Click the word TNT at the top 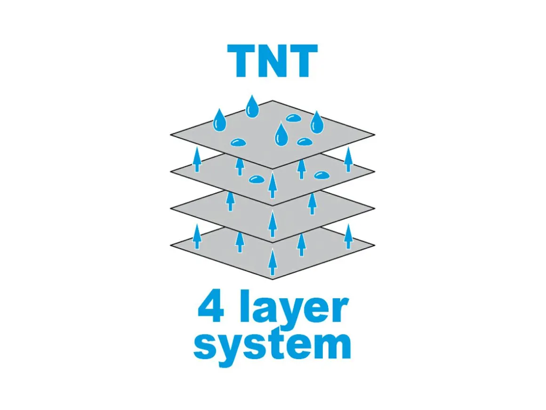point(273,61)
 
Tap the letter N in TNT point(273,61)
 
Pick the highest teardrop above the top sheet point(252,106)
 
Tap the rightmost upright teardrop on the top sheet point(316,122)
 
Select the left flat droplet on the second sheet point(257,180)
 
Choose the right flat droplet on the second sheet point(321,175)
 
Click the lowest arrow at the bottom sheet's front point(273,262)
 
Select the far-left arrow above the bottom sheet point(197,237)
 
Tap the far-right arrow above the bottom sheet point(348,237)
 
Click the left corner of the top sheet point(170,135)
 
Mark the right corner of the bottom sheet point(375,245)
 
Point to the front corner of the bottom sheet point(273,279)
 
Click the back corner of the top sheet point(273,100)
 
